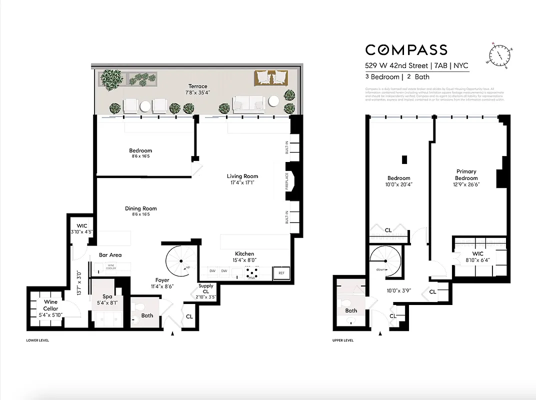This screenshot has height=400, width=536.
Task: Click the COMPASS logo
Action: [x=406, y=49]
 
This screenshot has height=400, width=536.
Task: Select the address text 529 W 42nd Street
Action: [x=396, y=65]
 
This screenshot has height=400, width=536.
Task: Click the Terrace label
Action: [x=197, y=86]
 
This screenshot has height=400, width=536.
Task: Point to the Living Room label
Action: [x=242, y=176]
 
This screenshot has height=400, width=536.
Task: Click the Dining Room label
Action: [x=140, y=208]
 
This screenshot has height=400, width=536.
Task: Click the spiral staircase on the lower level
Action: [x=180, y=260]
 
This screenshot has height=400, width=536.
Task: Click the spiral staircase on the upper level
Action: [x=385, y=261]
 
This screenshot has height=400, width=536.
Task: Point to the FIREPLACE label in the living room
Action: [x=287, y=180]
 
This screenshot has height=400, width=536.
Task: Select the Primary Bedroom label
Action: [x=466, y=175]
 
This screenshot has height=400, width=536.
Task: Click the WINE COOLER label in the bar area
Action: [x=110, y=267]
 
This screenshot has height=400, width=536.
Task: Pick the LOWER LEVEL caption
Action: [x=37, y=340]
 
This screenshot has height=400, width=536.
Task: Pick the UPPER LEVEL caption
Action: [x=343, y=340]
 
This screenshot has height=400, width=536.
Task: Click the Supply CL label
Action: [x=206, y=289]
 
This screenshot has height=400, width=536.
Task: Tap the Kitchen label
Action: [x=244, y=254]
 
